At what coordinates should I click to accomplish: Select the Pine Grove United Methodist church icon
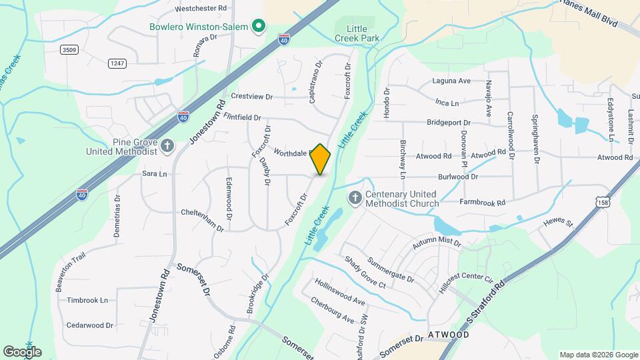(167, 145)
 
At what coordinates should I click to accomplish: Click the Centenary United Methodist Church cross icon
(355, 197)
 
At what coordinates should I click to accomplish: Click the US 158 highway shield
(603, 201)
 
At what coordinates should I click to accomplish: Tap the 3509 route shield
(68, 49)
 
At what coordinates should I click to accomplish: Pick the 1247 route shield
(117, 63)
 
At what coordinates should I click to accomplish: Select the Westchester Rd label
(201, 8)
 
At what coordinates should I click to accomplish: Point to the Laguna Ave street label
(452, 81)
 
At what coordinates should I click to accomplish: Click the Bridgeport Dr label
(449, 123)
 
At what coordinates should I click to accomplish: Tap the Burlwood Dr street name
(458, 177)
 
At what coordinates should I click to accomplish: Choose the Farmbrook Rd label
(482, 202)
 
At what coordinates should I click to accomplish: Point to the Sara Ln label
(154, 173)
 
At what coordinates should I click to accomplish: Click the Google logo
(22, 351)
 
